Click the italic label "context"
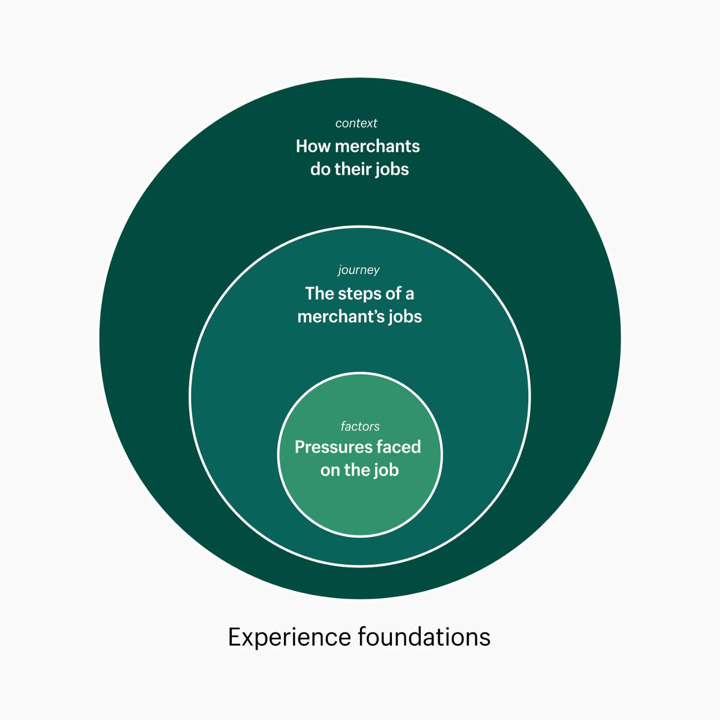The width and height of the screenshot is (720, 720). (x=356, y=123)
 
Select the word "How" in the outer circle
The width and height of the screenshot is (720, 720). (x=313, y=147)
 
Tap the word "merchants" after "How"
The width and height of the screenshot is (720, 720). (x=377, y=147)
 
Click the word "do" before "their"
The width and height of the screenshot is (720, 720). (x=320, y=169)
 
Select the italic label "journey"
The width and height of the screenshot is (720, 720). (x=359, y=271)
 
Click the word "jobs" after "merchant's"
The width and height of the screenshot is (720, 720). (x=405, y=317)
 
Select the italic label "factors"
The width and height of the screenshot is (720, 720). (x=360, y=426)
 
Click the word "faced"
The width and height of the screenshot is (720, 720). (x=399, y=447)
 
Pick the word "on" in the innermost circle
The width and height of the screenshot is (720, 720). (x=330, y=471)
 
